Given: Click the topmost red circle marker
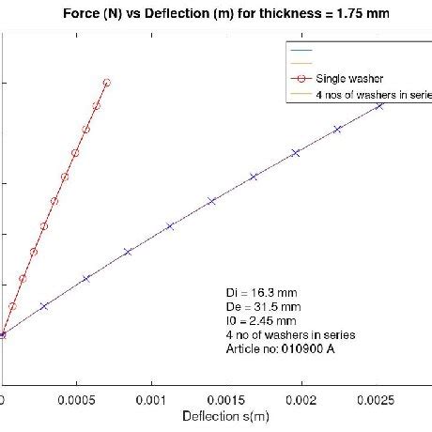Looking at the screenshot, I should [x=106, y=83].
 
